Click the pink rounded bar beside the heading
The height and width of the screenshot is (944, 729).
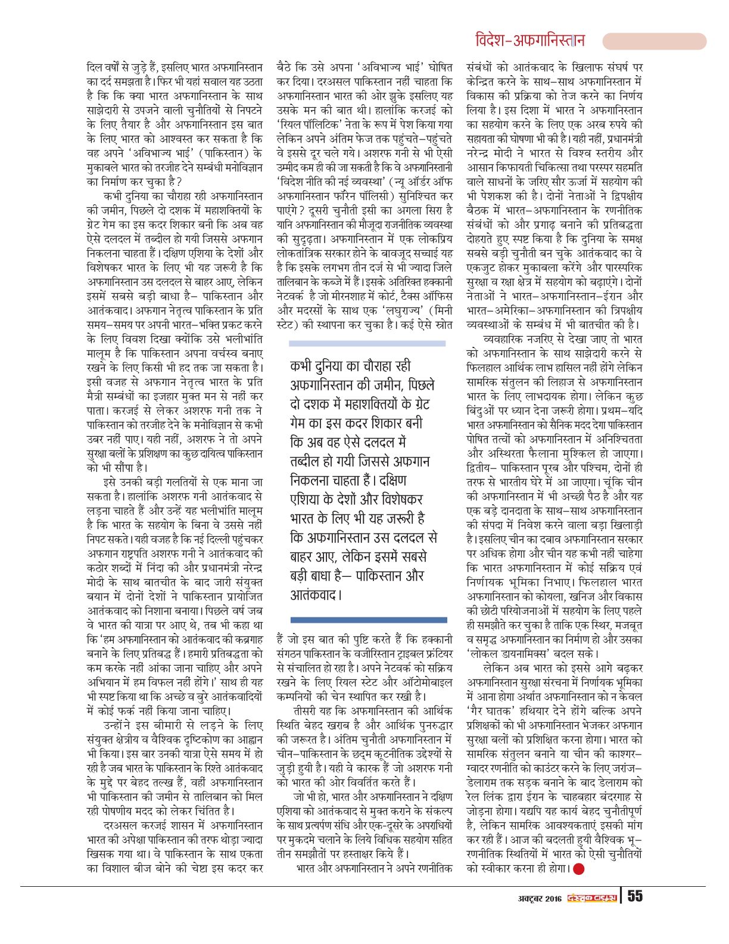point(654,41)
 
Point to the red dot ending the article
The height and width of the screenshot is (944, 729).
point(578,869)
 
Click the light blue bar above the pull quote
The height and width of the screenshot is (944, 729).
point(367,343)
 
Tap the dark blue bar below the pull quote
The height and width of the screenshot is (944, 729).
point(368,620)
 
